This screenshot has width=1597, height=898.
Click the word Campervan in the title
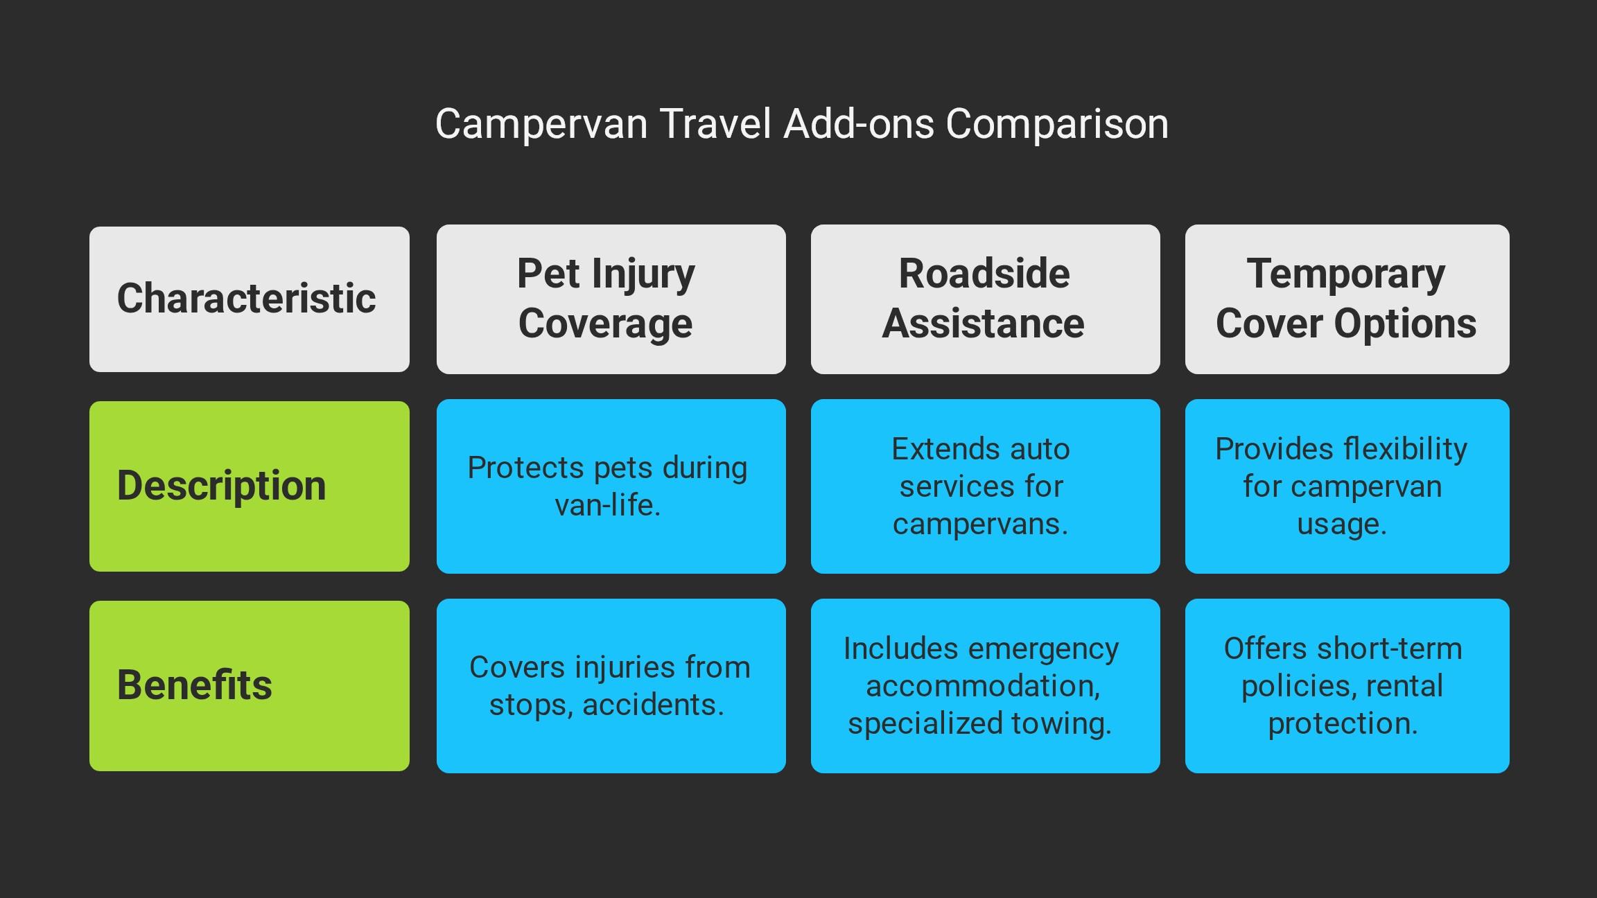coord(541,125)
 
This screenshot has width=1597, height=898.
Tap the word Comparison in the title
coord(1057,125)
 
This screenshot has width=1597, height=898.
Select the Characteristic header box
coord(250,299)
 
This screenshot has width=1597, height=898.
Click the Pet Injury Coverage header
coord(611,299)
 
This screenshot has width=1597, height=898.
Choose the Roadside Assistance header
coord(986,299)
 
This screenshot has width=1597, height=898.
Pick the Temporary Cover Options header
coord(1347,299)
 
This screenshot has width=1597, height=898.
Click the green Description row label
coord(250,486)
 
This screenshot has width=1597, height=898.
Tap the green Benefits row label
coord(250,686)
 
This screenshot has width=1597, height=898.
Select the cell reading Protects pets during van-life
coord(611,486)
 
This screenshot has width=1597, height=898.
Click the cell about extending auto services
coord(986,486)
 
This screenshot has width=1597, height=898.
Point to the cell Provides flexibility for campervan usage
coord(1347,486)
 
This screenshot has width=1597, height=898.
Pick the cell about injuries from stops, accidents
coord(611,686)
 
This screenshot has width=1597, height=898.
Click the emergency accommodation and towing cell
coord(986,686)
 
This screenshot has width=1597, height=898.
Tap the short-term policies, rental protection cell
coord(1347,686)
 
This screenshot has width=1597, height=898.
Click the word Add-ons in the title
coord(859,125)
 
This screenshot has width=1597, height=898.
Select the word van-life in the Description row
coord(607,505)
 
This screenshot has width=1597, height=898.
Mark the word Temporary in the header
coord(1346,274)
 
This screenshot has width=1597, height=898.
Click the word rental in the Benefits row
coord(1404,686)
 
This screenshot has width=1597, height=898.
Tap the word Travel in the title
coord(715,125)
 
